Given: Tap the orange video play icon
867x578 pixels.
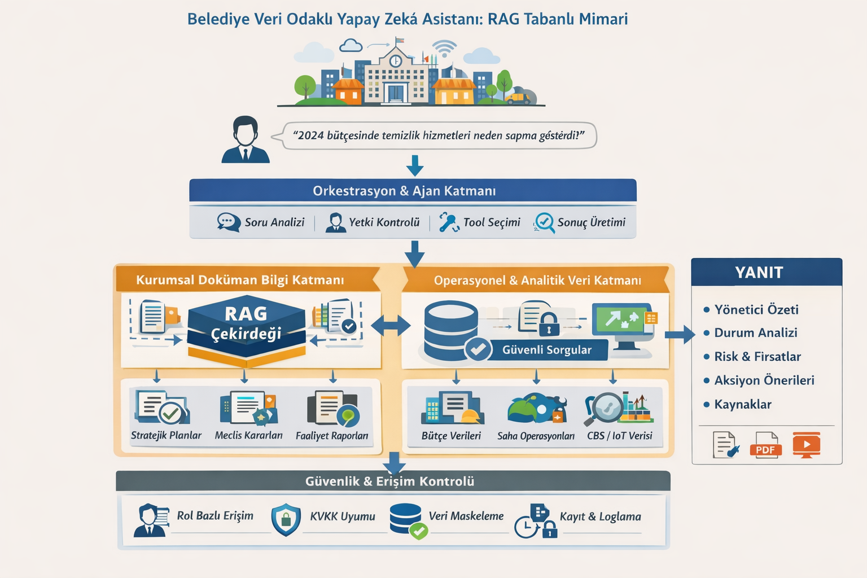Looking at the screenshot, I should tap(807, 444).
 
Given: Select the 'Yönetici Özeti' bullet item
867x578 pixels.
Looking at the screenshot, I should tap(756, 309).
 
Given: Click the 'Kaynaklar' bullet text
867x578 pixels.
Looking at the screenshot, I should tap(742, 404).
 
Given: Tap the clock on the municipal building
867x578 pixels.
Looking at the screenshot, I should tap(396, 60).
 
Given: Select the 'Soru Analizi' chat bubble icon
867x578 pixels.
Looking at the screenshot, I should tap(229, 222).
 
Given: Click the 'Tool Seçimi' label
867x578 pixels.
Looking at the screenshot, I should tap(492, 222).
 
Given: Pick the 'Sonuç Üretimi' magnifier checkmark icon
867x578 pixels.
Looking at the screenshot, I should tap(544, 222).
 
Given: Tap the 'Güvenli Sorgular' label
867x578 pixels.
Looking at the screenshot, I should tap(546, 350).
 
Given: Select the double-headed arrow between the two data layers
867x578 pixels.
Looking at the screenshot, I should tap(391, 326).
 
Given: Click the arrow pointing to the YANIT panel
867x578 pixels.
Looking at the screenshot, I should tap(680, 335).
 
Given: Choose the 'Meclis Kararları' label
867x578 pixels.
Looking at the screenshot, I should tap(248, 435).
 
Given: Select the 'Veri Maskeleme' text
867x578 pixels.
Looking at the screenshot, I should tap(466, 516).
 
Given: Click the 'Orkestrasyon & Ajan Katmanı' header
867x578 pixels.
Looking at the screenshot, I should tap(404, 191).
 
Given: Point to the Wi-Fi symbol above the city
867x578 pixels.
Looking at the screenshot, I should tap(444, 49).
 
